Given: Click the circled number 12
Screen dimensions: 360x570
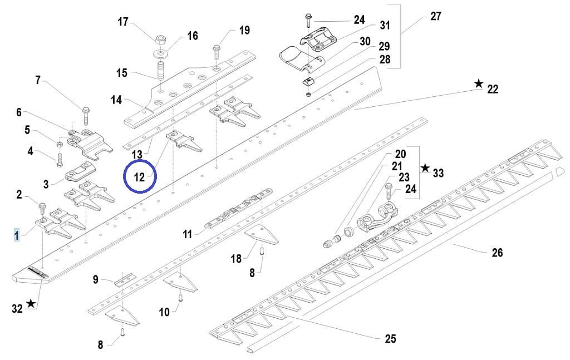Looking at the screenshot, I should pos(139,177).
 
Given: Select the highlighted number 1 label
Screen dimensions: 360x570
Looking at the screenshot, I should pos(17,236).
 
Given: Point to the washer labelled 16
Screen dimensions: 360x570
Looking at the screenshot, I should pos(163,54).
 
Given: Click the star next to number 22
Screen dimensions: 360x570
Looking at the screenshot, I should pos(479,83).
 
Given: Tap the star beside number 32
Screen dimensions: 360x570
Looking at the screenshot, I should pos(31,303).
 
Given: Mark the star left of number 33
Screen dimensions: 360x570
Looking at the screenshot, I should pos(425,167).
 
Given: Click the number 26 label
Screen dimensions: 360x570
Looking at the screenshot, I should pos(497,253).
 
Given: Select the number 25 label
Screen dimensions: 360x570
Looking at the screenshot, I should pos(390,338).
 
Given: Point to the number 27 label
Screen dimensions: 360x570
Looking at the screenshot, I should pos(436,16).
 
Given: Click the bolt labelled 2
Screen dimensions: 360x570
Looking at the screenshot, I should pos(41,209).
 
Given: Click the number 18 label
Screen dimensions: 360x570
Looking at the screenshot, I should pos(237,258).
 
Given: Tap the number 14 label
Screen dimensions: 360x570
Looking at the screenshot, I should pos(116,100).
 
